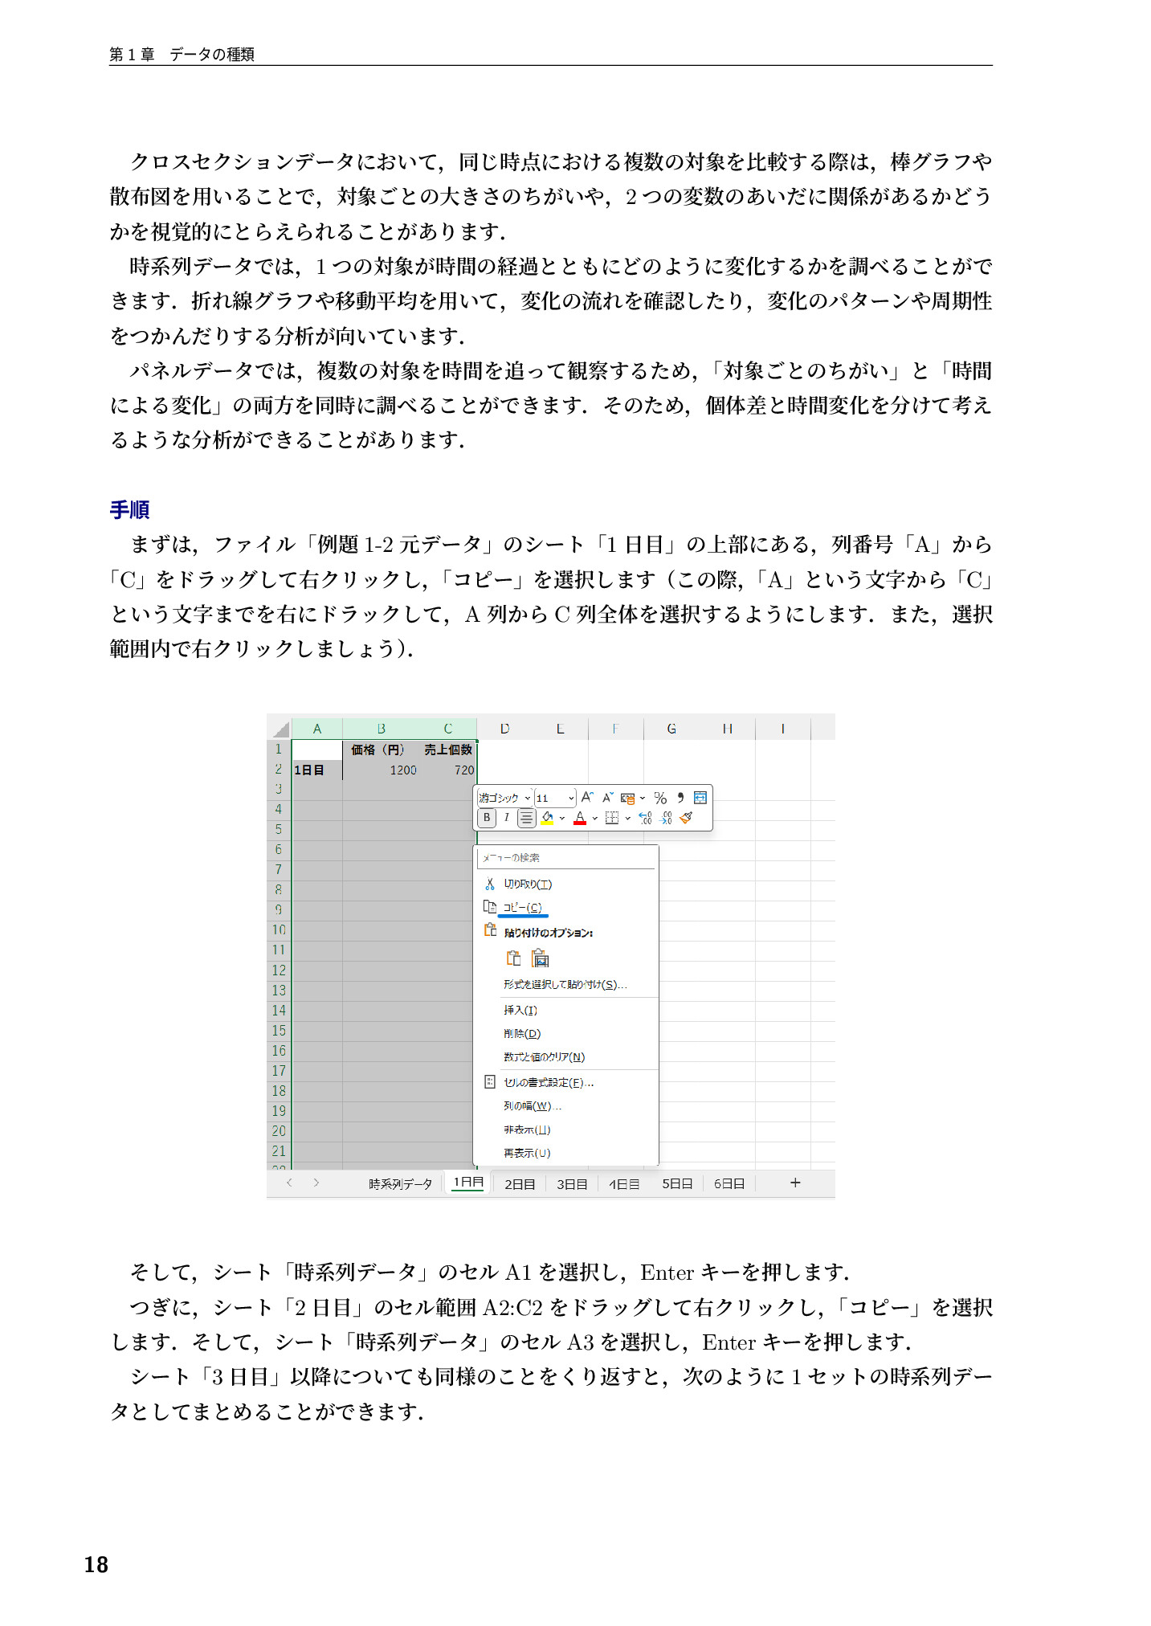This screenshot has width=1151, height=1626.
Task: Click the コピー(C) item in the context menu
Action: (x=522, y=907)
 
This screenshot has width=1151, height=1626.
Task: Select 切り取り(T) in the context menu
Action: (x=528, y=884)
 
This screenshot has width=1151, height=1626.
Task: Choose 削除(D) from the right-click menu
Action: (x=522, y=1033)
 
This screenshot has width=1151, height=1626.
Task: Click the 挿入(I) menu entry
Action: (x=520, y=1010)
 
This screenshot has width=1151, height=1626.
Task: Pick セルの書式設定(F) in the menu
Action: (x=548, y=1082)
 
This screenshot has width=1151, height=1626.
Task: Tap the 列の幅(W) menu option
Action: (x=532, y=1106)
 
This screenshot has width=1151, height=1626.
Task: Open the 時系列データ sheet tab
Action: (x=400, y=1183)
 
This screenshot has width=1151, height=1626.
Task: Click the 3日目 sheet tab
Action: (x=572, y=1184)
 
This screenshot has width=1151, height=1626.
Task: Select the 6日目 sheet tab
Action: (x=729, y=1183)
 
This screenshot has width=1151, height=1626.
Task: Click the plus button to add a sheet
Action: (x=795, y=1183)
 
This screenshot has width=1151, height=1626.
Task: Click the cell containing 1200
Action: (x=403, y=770)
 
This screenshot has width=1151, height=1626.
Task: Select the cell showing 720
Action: (x=464, y=770)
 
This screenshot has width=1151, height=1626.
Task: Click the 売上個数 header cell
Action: (x=448, y=750)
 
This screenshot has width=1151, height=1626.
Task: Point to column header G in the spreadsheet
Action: (x=671, y=729)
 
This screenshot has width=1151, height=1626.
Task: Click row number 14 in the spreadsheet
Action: (x=279, y=1011)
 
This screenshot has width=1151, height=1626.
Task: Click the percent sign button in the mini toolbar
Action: (x=660, y=798)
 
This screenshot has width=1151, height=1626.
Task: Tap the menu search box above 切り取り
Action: (x=566, y=858)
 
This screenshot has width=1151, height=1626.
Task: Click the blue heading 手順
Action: (x=129, y=509)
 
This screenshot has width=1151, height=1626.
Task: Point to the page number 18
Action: (x=96, y=1564)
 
